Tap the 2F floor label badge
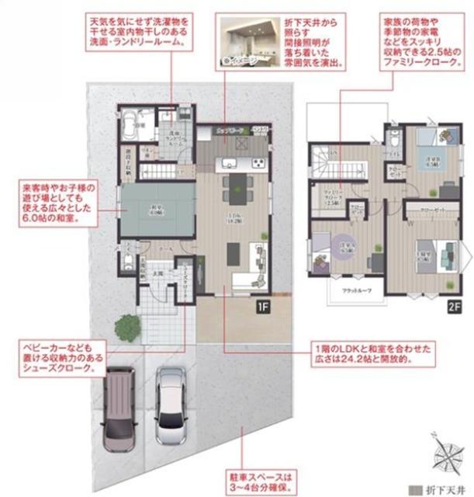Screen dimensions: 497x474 pyautogui.click(x=452, y=306)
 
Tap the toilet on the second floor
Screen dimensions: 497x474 pyautogui.click(x=395, y=141)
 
